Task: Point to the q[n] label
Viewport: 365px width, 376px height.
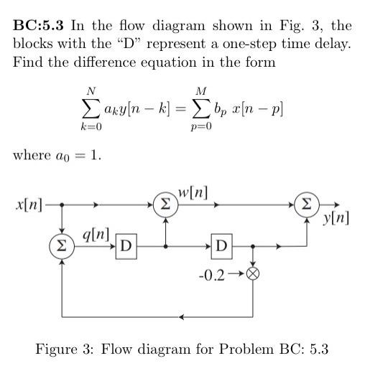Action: pyautogui.click(x=96, y=234)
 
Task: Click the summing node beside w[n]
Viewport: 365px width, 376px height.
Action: pyautogui.click(x=165, y=205)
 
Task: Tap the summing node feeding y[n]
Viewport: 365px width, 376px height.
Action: pyautogui.click(x=305, y=205)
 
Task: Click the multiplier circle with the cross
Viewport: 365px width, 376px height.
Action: pyautogui.click(x=252, y=273)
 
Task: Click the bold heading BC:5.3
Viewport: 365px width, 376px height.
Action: pyautogui.click(x=39, y=26)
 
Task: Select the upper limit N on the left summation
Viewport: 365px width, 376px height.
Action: pyautogui.click(x=91, y=91)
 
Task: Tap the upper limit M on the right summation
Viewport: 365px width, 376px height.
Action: pyautogui.click(x=200, y=91)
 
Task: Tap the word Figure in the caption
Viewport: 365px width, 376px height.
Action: pyautogui.click(x=58, y=349)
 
